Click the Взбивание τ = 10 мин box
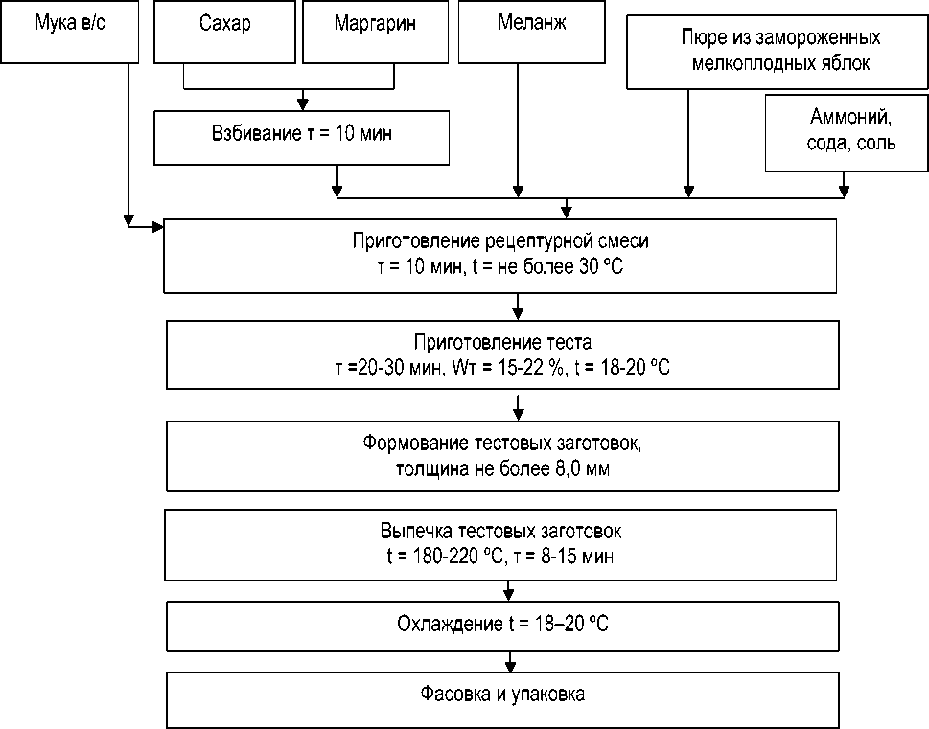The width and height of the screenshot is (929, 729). point(302,135)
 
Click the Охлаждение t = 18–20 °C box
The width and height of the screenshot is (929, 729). point(503,625)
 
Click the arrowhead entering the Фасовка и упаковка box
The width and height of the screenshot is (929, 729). point(511,667)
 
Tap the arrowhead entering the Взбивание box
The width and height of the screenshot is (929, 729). point(303,103)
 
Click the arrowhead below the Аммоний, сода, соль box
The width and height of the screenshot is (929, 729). point(844,192)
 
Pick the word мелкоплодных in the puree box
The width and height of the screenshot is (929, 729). point(749,64)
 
